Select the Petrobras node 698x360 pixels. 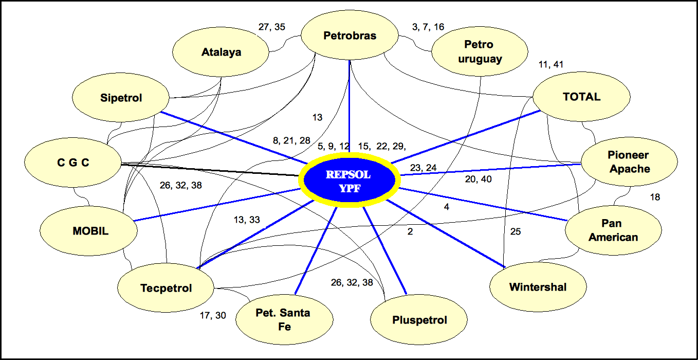350,36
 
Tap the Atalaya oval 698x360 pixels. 221,52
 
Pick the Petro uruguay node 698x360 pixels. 480,51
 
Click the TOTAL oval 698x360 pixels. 581,97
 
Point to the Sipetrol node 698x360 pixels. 121,98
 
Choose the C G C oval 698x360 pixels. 72,163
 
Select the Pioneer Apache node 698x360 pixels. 629,162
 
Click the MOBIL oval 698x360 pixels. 90,231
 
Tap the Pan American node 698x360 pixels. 613,230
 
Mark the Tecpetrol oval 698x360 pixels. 166,288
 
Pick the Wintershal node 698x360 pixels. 538,287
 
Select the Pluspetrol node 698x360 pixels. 419,320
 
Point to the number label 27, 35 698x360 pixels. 272,27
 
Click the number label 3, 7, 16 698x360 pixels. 428,27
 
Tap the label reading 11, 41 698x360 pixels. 551,65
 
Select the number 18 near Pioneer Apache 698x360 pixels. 655,197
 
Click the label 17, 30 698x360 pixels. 213,315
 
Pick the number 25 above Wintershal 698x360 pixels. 516,232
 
